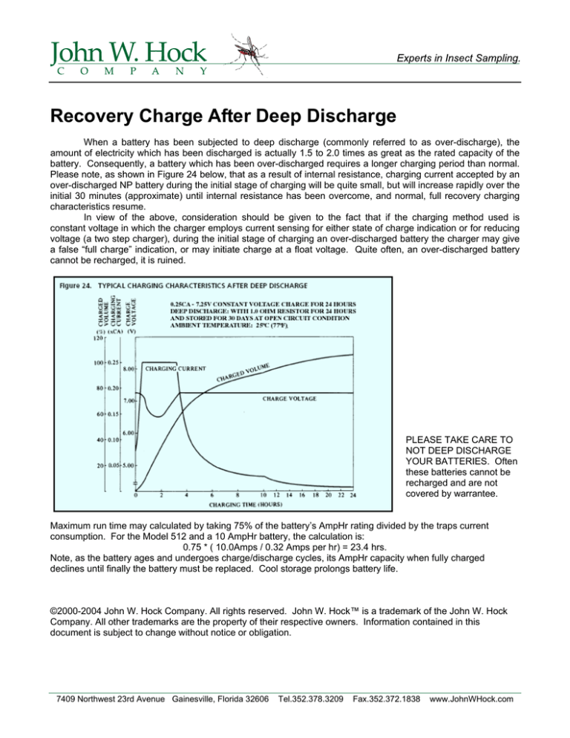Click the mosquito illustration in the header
(249, 53)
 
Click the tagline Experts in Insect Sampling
(459, 58)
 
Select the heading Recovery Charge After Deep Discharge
(223, 116)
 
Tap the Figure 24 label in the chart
(75, 286)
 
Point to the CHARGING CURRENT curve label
(175, 368)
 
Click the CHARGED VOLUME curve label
(243, 372)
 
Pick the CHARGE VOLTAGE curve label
(289, 399)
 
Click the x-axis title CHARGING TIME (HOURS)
(246, 505)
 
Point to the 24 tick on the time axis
(353, 495)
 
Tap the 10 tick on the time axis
(263, 495)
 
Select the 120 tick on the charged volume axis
(99, 338)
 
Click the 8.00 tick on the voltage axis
(128, 369)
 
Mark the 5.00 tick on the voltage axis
(128, 465)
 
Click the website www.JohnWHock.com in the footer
(471, 699)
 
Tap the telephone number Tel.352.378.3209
(311, 699)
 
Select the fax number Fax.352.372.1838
(387, 699)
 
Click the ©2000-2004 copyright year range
(76, 611)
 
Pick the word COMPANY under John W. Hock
(132, 71)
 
